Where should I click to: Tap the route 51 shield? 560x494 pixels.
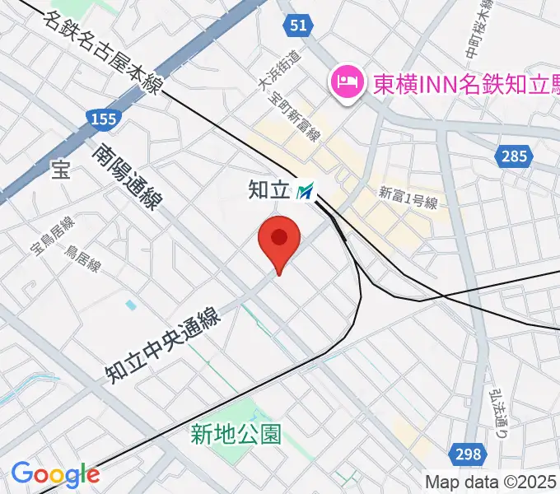point(298,26)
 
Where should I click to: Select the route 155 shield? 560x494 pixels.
point(104,119)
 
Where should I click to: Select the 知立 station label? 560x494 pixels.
point(270,191)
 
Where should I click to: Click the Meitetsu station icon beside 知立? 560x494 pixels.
point(306,192)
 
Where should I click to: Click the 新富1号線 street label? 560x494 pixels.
point(408,197)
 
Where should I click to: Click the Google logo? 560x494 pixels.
point(55,474)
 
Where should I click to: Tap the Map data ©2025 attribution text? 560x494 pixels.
point(492,482)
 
